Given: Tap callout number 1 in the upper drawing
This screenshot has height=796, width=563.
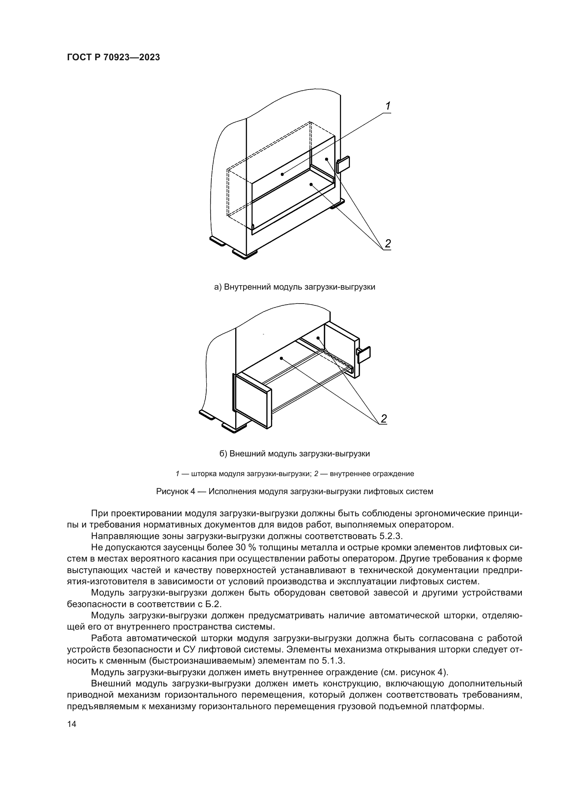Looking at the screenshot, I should (x=388, y=106).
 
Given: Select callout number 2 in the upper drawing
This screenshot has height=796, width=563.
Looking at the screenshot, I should (x=388, y=243).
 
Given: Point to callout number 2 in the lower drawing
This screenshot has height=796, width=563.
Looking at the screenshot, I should (x=383, y=419).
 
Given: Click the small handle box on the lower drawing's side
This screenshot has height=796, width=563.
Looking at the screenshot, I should (x=364, y=355).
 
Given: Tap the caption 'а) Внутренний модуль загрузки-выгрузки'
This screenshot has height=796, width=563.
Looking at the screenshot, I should (x=295, y=287).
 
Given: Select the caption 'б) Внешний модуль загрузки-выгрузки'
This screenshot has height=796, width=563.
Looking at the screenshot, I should (x=295, y=453).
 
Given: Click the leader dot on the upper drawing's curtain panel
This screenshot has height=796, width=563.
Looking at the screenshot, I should (x=283, y=174).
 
